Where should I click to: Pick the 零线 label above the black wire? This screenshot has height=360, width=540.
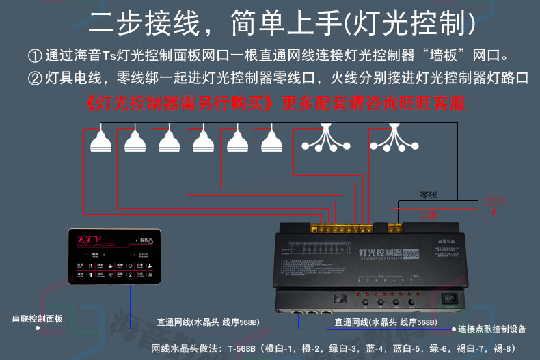coord(428,195)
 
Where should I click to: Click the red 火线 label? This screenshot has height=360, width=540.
coord(428,214)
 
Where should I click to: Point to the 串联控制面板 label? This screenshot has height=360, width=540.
coord(40,318)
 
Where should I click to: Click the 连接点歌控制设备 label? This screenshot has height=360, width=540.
coord(492,329)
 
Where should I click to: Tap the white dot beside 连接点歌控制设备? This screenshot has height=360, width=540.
coord(452,329)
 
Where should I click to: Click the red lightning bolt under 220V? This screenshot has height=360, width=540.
coord(494,212)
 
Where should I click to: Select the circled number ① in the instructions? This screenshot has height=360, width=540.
coord(35,55)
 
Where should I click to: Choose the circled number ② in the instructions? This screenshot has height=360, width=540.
coord(35,78)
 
